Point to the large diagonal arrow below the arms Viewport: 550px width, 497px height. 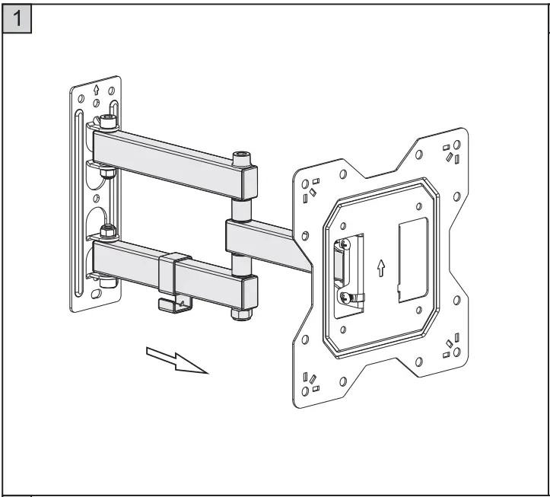pyautogui.click(x=176, y=359)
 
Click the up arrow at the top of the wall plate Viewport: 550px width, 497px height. pyautogui.click(x=95, y=89)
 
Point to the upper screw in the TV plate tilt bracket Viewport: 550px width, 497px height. pyautogui.click(x=345, y=243)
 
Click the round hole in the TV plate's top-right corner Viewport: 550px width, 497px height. pyautogui.click(x=456, y=145)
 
